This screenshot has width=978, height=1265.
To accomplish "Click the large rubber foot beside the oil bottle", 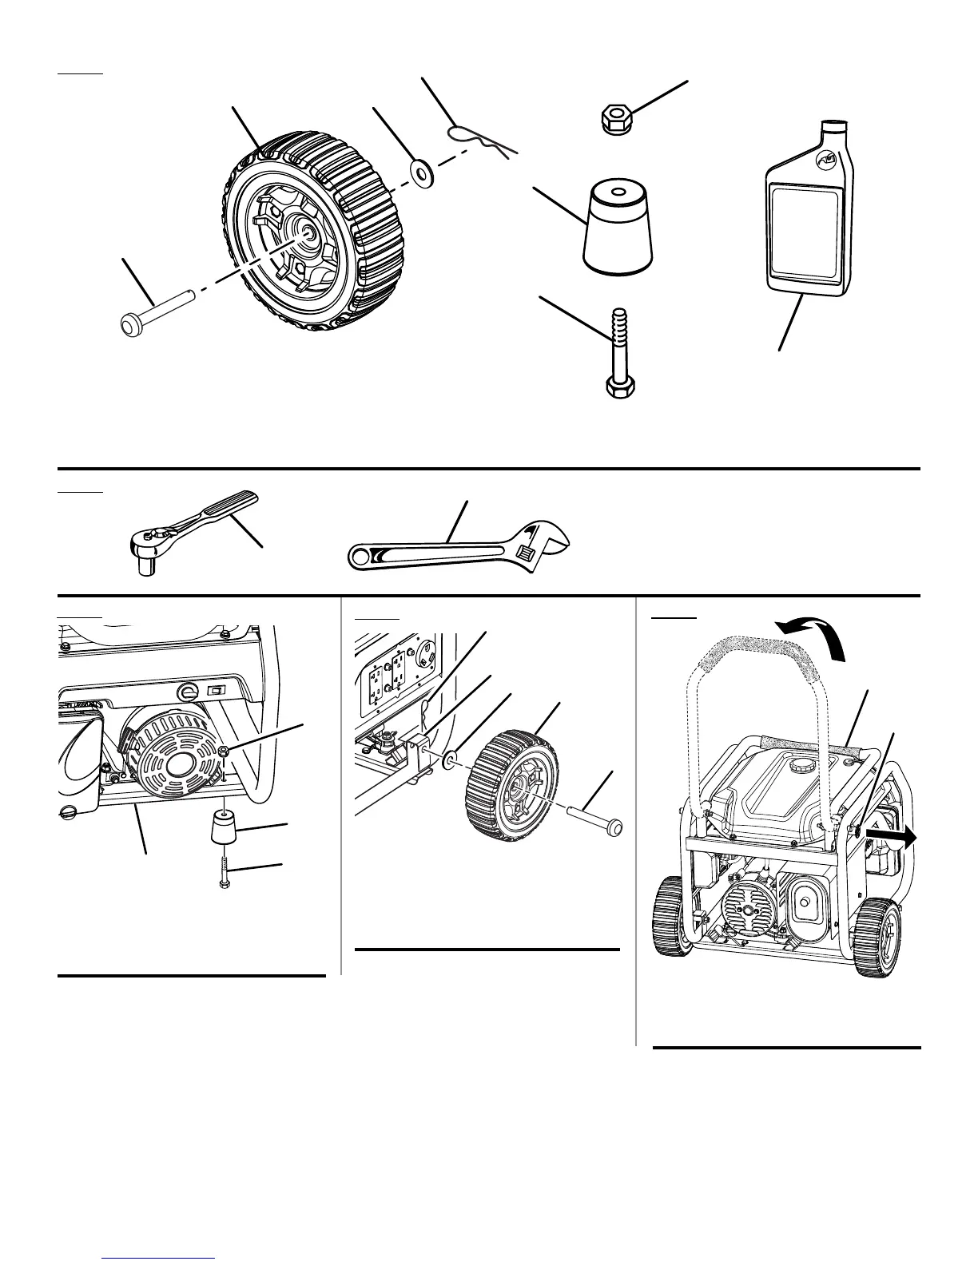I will point(618,229).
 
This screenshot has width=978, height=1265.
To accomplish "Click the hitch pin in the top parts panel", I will point(483,140).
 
